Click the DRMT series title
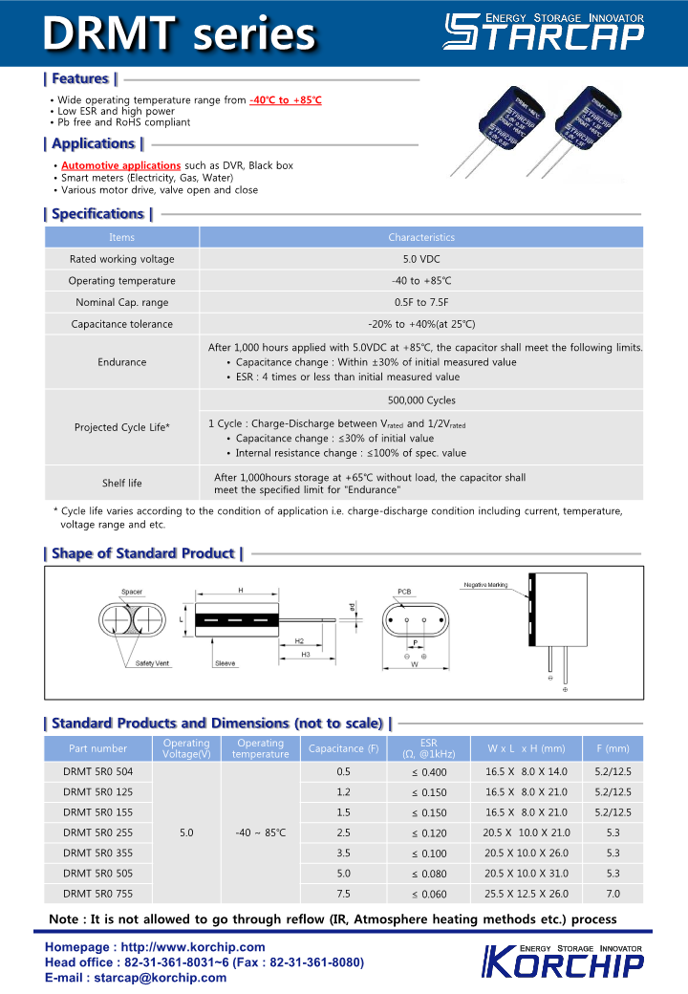(180, 34)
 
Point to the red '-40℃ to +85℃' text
(285, 100)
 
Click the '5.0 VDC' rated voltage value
(421, 259)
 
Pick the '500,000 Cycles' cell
(421, 400)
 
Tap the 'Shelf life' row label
(121, 483)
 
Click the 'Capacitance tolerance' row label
(121, 324)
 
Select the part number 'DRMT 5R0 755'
(98, 894)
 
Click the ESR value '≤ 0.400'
(429, 772)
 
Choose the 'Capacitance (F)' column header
(344, 748)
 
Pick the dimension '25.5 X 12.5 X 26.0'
(526, 894)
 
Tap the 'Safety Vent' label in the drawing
(152, 663)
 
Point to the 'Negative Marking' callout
(485, 585)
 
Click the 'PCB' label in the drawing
(404, 593)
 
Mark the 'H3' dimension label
(306, 655)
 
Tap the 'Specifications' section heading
(98, 214)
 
